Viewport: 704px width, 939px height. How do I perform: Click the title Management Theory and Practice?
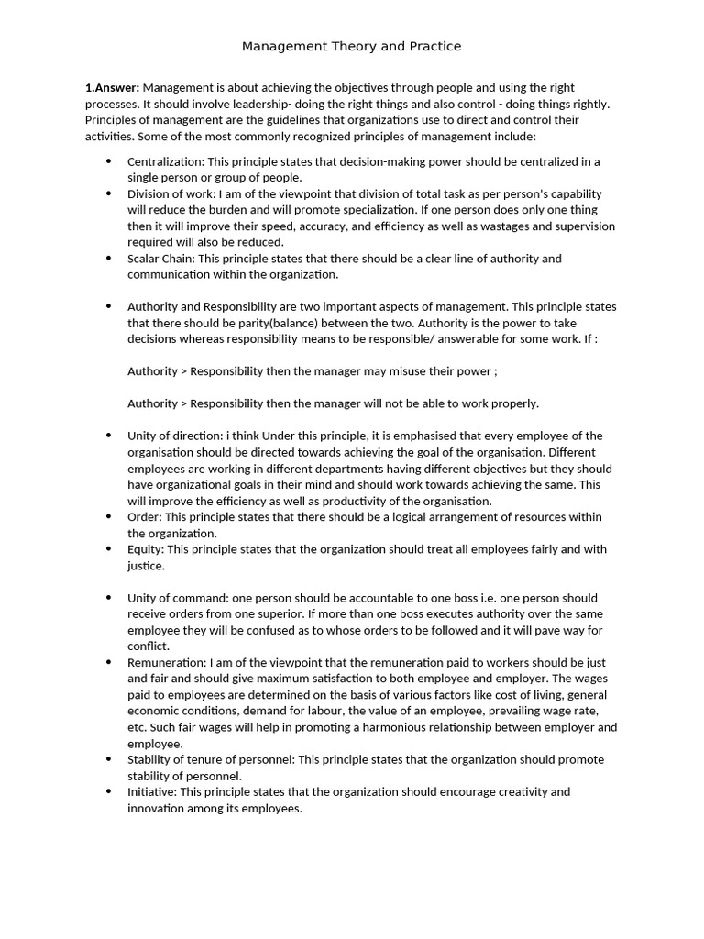351,46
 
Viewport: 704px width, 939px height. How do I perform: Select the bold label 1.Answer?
112,87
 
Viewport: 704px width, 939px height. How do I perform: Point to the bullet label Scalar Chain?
161,259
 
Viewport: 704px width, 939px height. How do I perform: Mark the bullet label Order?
144,517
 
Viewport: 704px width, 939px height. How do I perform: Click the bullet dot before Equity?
107,549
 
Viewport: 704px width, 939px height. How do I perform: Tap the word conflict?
148,646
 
